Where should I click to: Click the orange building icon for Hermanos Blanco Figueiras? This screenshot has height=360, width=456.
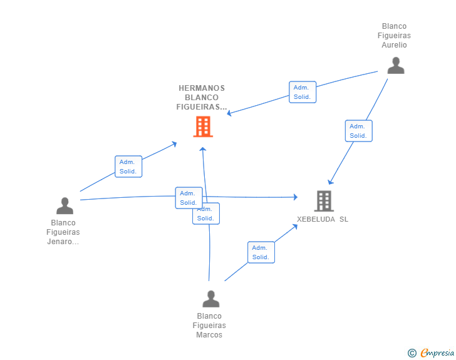tap(203, 126)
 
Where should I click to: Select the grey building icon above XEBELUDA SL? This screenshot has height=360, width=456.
tap(324, 201)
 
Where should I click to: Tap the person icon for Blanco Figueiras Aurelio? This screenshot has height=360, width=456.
tap(396, 66)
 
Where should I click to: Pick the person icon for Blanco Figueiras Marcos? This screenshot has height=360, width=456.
tap(211, 299)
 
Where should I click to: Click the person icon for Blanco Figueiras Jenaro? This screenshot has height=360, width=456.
tap(65, 205)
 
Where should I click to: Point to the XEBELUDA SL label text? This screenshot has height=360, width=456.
tap(323, 219)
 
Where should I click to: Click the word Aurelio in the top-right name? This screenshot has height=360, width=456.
tap(394, 45)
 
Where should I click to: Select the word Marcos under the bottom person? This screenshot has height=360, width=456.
tap(209, 335)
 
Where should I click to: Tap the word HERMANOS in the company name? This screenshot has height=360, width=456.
tap(202, 88)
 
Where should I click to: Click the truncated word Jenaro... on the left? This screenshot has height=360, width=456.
tap(63, 242)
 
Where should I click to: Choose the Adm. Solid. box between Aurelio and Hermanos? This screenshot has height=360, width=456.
tap(303, 92)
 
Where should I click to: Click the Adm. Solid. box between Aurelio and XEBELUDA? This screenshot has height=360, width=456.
tap(358, 131)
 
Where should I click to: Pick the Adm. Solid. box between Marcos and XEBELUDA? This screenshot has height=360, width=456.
tap(261, 252)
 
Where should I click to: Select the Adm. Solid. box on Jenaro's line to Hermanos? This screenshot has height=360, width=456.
tap(128, 167)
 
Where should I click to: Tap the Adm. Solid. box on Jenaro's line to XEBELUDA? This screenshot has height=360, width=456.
tap(189, 198)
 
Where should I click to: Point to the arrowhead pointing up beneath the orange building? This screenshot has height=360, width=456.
tap(203, 149)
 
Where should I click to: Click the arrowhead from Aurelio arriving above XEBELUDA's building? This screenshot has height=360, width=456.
tap(330, 182)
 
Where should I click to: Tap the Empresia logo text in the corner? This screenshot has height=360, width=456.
tap(437, 352)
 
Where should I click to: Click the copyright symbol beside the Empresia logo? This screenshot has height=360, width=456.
tap(412, 353)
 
